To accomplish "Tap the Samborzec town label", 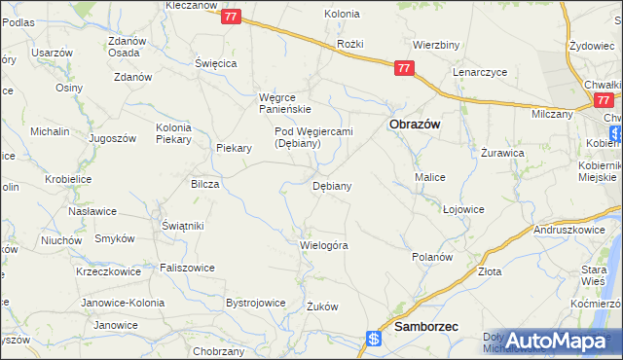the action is coord(426,329).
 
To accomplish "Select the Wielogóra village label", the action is coord(323,245).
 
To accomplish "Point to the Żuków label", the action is coord(321,306).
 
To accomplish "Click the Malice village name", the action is coord(429,177).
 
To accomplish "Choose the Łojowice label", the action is coord(463,209).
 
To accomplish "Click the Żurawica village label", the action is coord(503,154).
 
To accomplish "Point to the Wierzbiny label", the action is coord(435,45).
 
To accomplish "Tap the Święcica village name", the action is coord(216,62).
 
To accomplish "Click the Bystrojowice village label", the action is coord(255,303).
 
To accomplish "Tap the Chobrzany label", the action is coord(218,350).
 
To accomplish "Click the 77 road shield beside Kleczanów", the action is coord(231,17).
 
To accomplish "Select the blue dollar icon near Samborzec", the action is coord(373,339).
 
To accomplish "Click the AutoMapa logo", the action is coord(555,342).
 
